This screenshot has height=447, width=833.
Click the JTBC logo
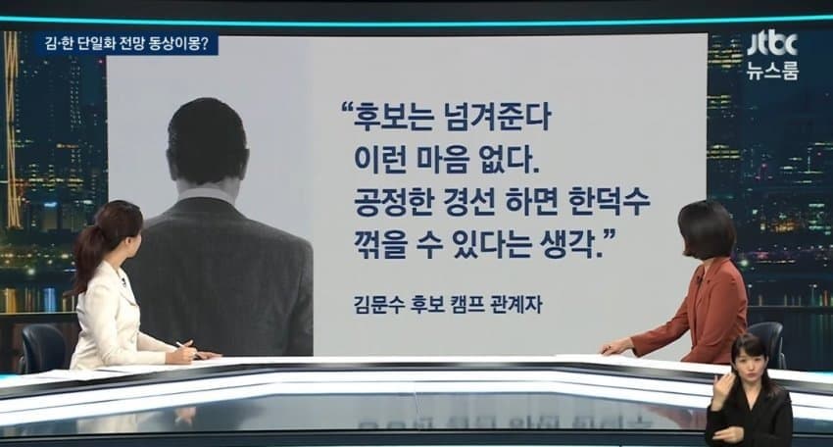772,45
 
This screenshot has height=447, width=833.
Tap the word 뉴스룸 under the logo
773,71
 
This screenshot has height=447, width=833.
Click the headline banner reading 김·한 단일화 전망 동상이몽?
126,45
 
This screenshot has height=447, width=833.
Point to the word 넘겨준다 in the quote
496,118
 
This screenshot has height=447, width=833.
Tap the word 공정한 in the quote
393,202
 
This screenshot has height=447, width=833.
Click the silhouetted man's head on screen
207,141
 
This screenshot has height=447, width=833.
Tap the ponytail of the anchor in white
86,262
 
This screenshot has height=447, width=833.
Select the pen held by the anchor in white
185,347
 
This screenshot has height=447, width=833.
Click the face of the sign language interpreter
750,357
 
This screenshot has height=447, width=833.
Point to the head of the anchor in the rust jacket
708,227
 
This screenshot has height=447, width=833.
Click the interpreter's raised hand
721,389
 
